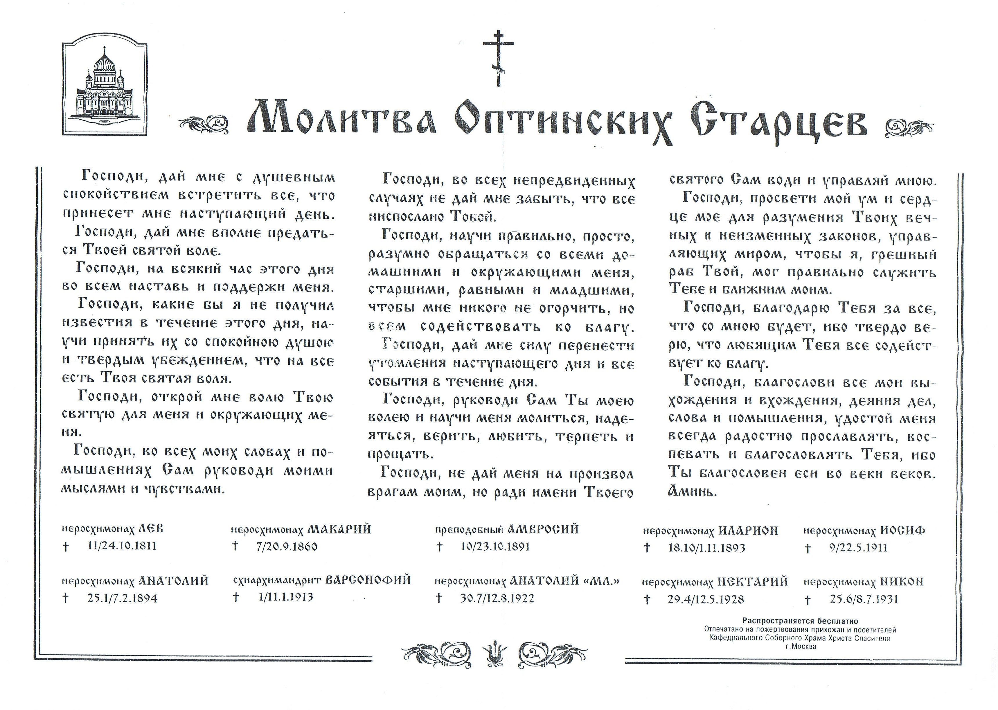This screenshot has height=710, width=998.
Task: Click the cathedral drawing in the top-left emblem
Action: [105, 86]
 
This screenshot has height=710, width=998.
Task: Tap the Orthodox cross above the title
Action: [498, 57]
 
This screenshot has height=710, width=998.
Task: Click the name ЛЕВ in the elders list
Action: [150, 529]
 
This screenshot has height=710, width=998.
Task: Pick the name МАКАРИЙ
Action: [339, 529]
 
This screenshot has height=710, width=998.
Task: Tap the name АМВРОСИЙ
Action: [543, 529]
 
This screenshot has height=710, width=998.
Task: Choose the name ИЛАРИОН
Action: [748, 531]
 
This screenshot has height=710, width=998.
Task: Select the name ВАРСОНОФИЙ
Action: [368, 580]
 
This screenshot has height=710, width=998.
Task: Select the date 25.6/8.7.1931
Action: [864, 599]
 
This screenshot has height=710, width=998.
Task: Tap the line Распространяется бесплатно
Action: [800, 621]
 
